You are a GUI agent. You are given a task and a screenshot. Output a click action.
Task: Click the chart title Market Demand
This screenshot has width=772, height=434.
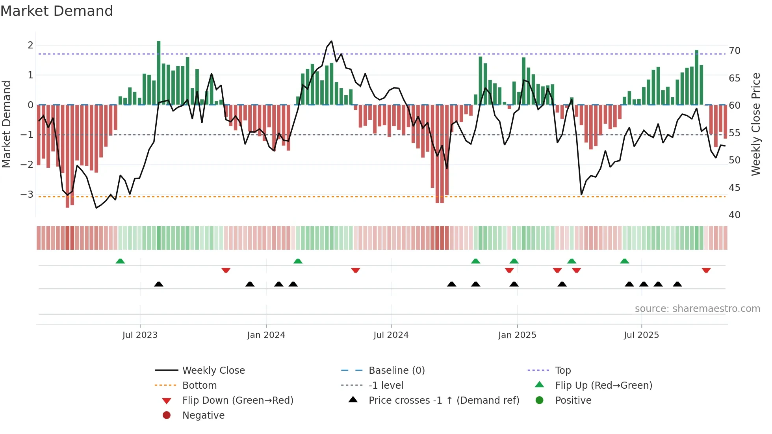point(57,11)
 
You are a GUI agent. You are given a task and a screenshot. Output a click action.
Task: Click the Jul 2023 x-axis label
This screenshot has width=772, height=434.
point(140,335)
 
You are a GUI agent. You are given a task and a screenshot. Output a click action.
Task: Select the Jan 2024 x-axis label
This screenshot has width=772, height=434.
point(266,335)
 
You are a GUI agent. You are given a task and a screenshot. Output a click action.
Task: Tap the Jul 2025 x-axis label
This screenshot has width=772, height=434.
point(641,335)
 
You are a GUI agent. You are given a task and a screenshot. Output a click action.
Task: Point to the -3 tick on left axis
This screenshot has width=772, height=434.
point(27,195)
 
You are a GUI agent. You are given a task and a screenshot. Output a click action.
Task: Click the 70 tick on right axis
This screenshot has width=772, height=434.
point(734,51)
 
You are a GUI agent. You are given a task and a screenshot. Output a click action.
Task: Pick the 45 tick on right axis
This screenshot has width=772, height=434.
point(734,188)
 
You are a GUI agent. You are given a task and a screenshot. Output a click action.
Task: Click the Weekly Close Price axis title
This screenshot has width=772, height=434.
point(755,124)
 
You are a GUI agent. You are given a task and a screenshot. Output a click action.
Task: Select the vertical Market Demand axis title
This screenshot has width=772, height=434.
point(7,124)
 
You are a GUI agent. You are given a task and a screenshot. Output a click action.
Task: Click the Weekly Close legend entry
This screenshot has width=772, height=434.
point(213,371)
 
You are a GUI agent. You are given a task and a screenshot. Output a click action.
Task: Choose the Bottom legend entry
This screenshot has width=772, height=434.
point(199,386)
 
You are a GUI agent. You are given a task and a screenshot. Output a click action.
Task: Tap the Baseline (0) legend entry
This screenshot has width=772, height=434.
point(396,371)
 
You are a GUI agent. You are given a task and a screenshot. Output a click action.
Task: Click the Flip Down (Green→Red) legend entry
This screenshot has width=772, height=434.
point(238,401)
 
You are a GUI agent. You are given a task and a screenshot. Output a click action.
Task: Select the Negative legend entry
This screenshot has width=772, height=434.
point(203,415)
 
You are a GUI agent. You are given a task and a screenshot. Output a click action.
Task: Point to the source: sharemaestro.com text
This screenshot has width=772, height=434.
point(697,309)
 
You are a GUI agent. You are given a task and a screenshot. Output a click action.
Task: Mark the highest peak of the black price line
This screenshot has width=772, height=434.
point(331,41)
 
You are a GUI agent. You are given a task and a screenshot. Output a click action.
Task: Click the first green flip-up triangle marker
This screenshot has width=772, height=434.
point(120,261)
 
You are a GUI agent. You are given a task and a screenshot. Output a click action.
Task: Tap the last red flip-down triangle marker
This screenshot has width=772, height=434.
point(706,270)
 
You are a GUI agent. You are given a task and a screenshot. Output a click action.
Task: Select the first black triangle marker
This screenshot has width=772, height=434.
point(158,284)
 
